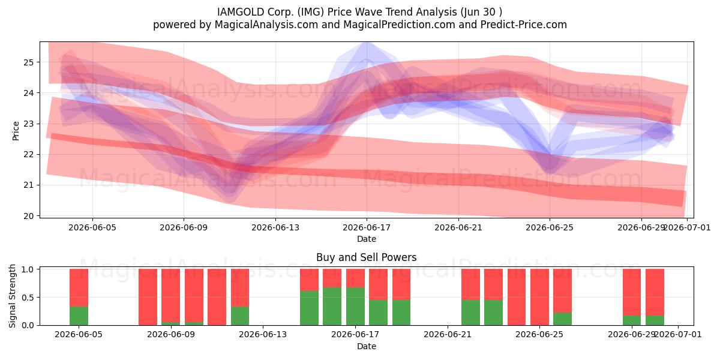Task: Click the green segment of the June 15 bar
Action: (309, 308)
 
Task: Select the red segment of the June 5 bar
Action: (79, 287)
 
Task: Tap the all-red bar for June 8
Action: (148, 297)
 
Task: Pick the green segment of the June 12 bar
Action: (240, 316)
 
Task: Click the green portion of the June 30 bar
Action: (655, 320)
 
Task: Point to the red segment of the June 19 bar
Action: (401, 284)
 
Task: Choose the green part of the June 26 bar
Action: (563, 319)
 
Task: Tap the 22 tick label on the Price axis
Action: (28, 155)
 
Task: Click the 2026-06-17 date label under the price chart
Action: (367, 227)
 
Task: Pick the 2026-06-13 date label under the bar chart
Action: (263, 334)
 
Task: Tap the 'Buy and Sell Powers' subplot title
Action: (367, 257)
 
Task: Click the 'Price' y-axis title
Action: (16, 131)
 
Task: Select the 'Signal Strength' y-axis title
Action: (12, 296)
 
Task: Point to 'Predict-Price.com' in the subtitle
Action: (524, 25)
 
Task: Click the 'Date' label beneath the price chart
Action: (367, 239)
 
